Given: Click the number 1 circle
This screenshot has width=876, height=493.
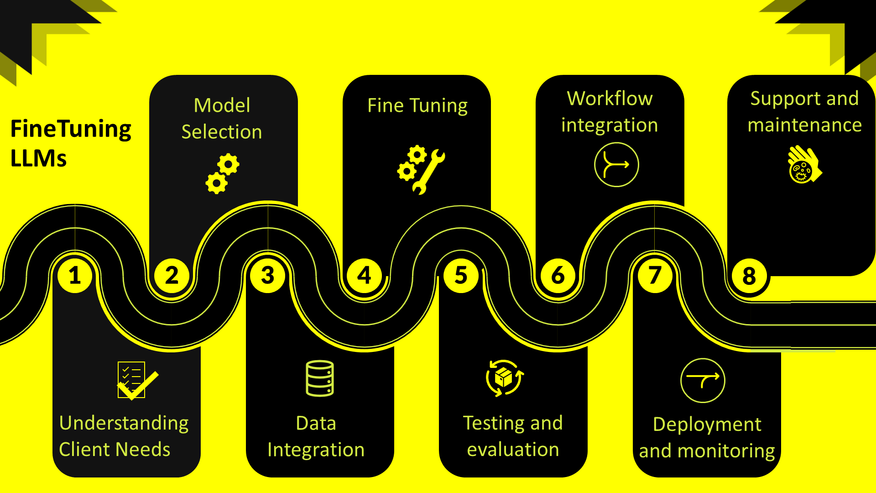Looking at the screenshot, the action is [75, 276].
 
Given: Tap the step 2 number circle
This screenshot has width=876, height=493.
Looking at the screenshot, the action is [172, 276].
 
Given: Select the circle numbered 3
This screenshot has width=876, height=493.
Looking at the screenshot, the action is [268, 276].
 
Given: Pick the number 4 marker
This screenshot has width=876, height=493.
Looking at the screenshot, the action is [365, 276].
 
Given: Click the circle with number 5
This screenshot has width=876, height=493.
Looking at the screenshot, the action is [461, 276].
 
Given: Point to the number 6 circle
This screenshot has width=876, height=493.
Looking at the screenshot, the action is [558, 276].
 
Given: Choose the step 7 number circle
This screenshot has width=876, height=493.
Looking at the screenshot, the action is [655, 276].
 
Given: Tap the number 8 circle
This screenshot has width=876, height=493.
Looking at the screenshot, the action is [749, 276].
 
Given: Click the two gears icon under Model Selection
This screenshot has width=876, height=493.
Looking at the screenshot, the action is [223, 174].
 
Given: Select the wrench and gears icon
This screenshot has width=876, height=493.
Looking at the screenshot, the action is [421, 170].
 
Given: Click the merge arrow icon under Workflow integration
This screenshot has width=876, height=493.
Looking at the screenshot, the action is [616, 165].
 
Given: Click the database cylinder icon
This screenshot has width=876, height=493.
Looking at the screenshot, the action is [320, 378].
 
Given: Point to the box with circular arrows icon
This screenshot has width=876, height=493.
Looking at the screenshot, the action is [505, 378].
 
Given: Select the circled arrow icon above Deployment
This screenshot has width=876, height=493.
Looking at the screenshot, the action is [703, 381].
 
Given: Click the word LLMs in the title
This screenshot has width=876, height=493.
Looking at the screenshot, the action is [39, 158].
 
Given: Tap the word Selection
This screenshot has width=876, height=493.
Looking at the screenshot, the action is [222, 132].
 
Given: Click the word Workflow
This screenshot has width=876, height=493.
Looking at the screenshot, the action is [610, 99].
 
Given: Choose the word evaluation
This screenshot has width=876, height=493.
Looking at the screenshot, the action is [513, 450].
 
